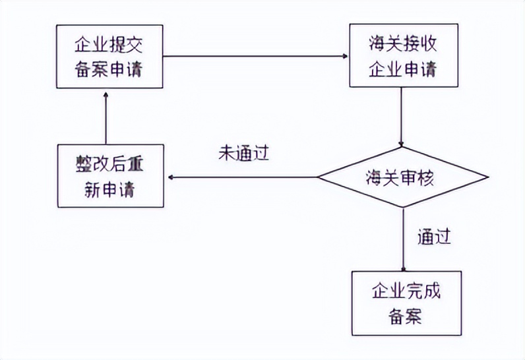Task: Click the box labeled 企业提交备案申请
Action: click(109, 56)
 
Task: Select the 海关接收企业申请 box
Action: click(402, 56)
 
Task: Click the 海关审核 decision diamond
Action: click(402, 177)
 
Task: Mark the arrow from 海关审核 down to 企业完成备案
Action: click(402, 237)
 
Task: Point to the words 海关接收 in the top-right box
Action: click(402, 44)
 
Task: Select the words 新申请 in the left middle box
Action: click(109, 189)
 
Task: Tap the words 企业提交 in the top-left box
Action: click(109, 44)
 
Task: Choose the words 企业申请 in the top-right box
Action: click(402, 68)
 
